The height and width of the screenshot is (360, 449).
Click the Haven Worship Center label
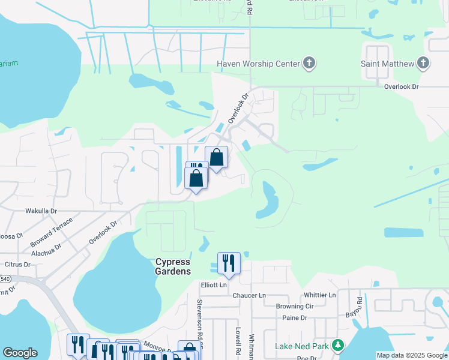(258, 64)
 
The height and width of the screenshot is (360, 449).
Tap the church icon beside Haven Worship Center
(309, 63)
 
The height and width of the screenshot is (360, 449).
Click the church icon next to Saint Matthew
(424, 63)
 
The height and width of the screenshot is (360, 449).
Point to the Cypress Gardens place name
(173, 266)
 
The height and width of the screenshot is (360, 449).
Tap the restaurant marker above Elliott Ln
(229, 263)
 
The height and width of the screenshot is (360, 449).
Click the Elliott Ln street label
(214, 285)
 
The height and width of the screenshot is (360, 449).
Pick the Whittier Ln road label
(320, 295)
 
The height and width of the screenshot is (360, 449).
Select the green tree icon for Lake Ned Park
(339, 346)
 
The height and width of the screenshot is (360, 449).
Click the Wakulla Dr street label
(41, 211)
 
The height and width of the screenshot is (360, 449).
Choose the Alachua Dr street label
(46, 251)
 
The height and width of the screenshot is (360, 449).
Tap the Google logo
(20, 353)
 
